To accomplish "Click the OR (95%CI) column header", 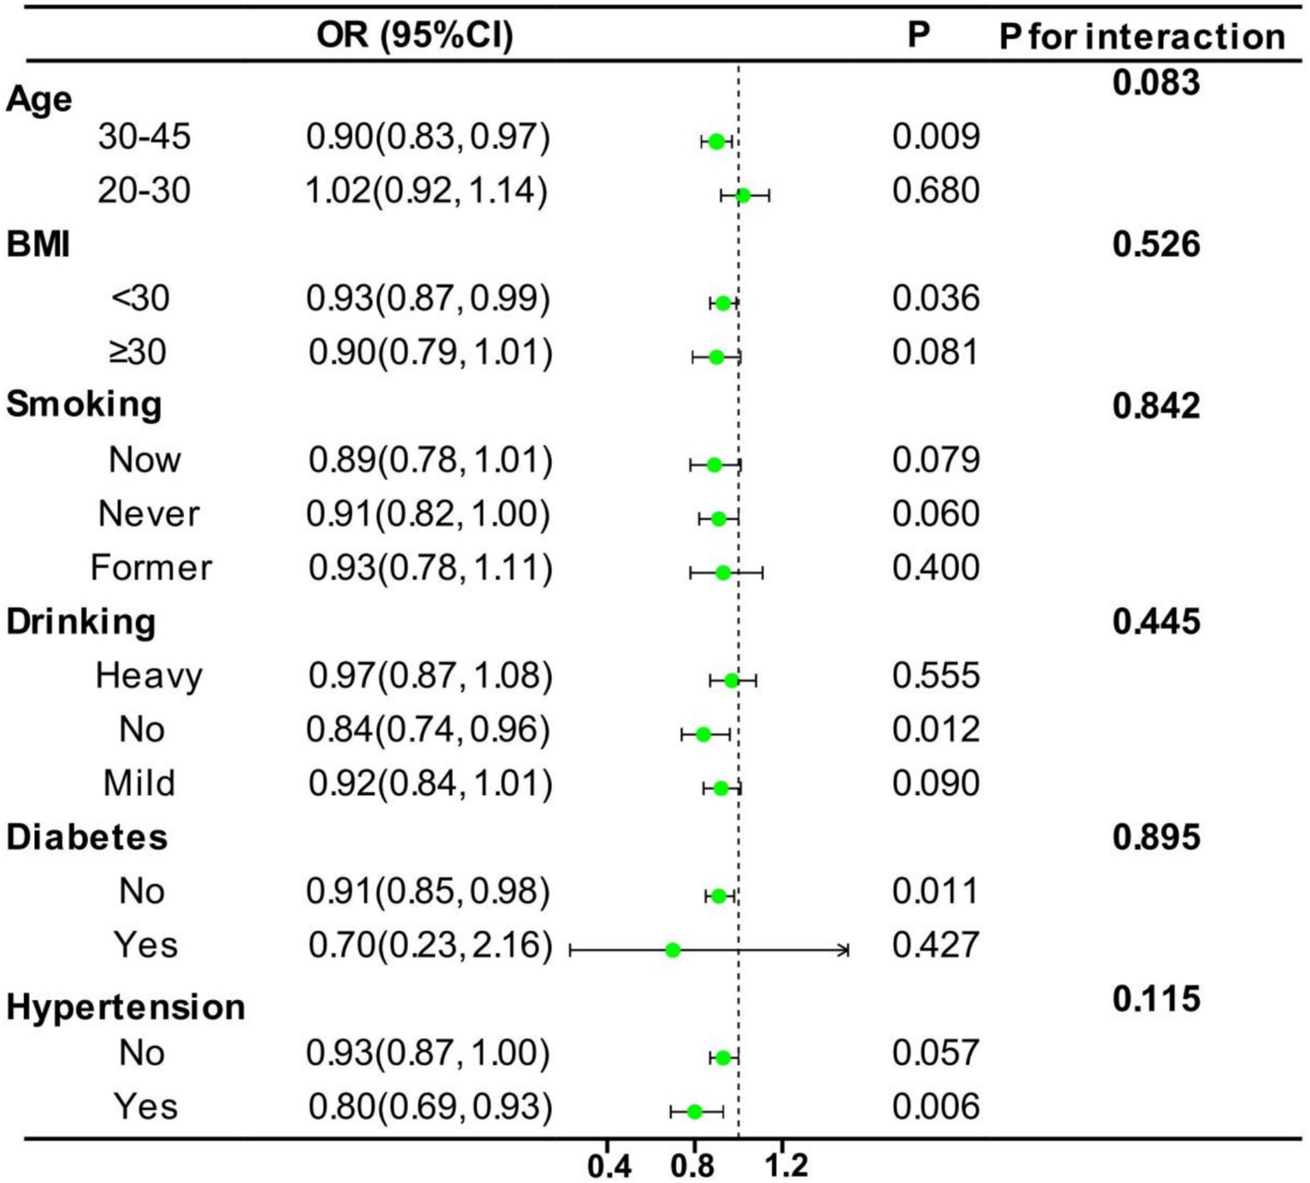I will (414, 35).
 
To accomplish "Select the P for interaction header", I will (1142, 37).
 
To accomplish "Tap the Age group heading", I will (39, 99).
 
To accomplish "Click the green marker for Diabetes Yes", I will (673, 950).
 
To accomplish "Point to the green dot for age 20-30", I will (742, 194).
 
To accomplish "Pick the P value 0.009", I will (936, 137).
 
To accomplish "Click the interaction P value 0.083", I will (1156, 83).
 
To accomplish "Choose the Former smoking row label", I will (151, 567).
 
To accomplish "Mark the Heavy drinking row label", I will (148, 676).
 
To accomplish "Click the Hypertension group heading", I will (126, 1006).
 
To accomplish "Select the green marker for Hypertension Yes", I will (694, 1112).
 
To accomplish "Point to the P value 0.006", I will (936, 1107).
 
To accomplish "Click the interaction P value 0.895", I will (1156, 837).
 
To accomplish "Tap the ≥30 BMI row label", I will (139, 352).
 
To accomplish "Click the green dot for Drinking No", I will (703, 735).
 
